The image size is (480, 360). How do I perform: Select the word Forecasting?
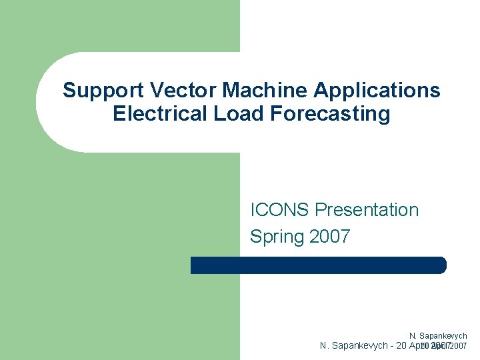tap(331, 114)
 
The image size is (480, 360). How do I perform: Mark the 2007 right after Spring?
tap(329, 237)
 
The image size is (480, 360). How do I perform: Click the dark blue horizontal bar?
tap(318, 265)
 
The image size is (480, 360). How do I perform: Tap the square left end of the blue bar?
tap(194, 265)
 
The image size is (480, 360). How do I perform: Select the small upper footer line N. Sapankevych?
tap(438, 336)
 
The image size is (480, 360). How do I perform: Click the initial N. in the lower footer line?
tap(325, 346)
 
